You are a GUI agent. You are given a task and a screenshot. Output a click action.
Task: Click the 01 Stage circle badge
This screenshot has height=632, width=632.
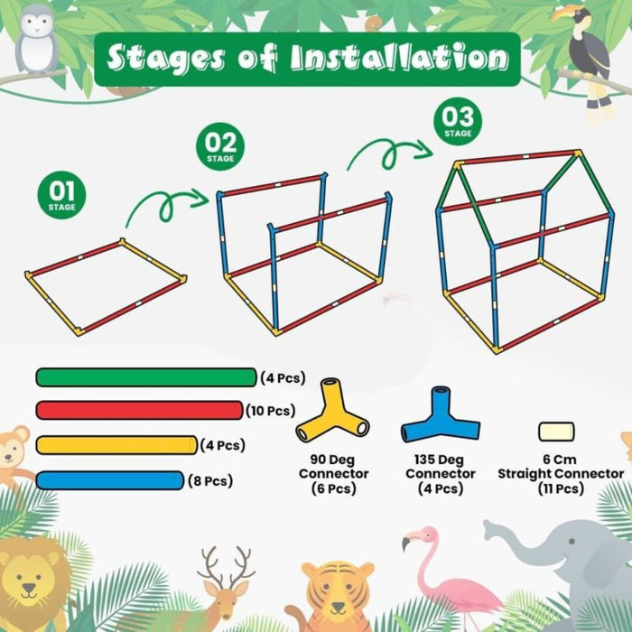(61, 195)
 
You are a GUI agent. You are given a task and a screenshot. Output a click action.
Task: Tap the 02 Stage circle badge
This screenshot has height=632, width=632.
(220, 146)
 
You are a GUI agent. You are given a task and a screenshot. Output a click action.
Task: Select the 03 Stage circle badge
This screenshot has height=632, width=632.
(458, 121)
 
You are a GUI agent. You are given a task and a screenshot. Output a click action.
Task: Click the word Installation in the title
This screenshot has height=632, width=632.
(399, 58)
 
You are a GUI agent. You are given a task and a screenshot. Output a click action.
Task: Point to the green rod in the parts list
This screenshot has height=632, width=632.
(146, 377)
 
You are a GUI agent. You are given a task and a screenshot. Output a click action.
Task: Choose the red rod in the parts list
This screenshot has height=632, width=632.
(139, 410)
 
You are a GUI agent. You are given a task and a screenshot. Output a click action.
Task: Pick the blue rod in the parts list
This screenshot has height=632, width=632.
(109, 480)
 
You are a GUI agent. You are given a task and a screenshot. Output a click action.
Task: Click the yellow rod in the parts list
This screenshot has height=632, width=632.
(116, 445)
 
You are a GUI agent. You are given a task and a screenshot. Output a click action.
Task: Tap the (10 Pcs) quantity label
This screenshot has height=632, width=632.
(271, 411)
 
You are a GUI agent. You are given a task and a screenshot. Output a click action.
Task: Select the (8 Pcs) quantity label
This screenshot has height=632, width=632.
(210, 481)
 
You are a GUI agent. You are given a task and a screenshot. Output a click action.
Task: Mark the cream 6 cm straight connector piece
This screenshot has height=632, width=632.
(557, 432)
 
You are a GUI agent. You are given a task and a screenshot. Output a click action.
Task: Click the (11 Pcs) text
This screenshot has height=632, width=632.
(561, 489)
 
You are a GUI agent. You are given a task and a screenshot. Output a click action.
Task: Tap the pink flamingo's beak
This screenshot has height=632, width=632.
(407, 542)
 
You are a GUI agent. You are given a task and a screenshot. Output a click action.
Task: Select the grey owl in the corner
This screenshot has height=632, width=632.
(36, 38)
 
